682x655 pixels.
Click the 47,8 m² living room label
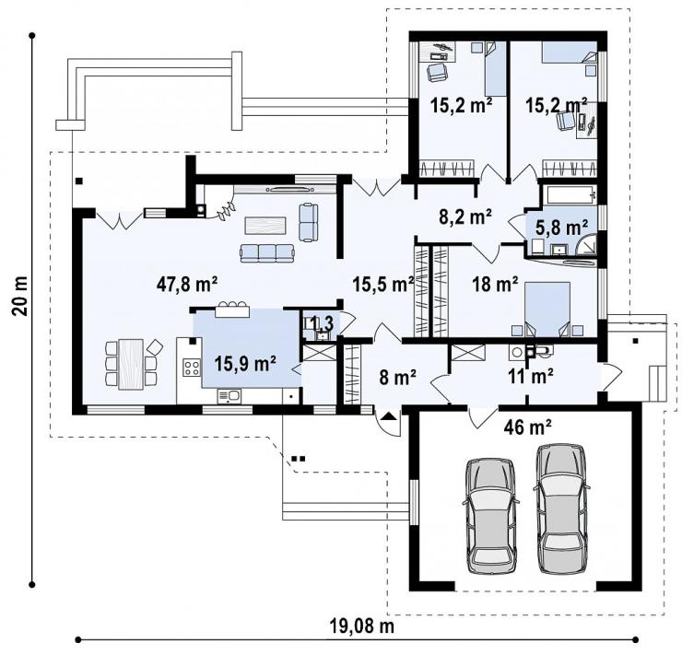(186, 285)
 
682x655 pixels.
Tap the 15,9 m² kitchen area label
(245, 363)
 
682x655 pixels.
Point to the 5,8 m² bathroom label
(561, 228)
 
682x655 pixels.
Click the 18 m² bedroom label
(496, 285)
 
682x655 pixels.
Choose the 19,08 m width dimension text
(362, 626)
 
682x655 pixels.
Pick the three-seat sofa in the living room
(267, 253)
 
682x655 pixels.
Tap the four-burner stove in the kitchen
(192, 368)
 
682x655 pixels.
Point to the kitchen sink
(229, 396)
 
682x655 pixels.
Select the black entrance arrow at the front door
(389, 417)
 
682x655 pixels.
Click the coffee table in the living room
(265, 226)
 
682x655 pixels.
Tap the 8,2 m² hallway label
(465, 216)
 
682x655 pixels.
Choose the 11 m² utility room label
(531, 376)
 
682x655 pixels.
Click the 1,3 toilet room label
(323, 323)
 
